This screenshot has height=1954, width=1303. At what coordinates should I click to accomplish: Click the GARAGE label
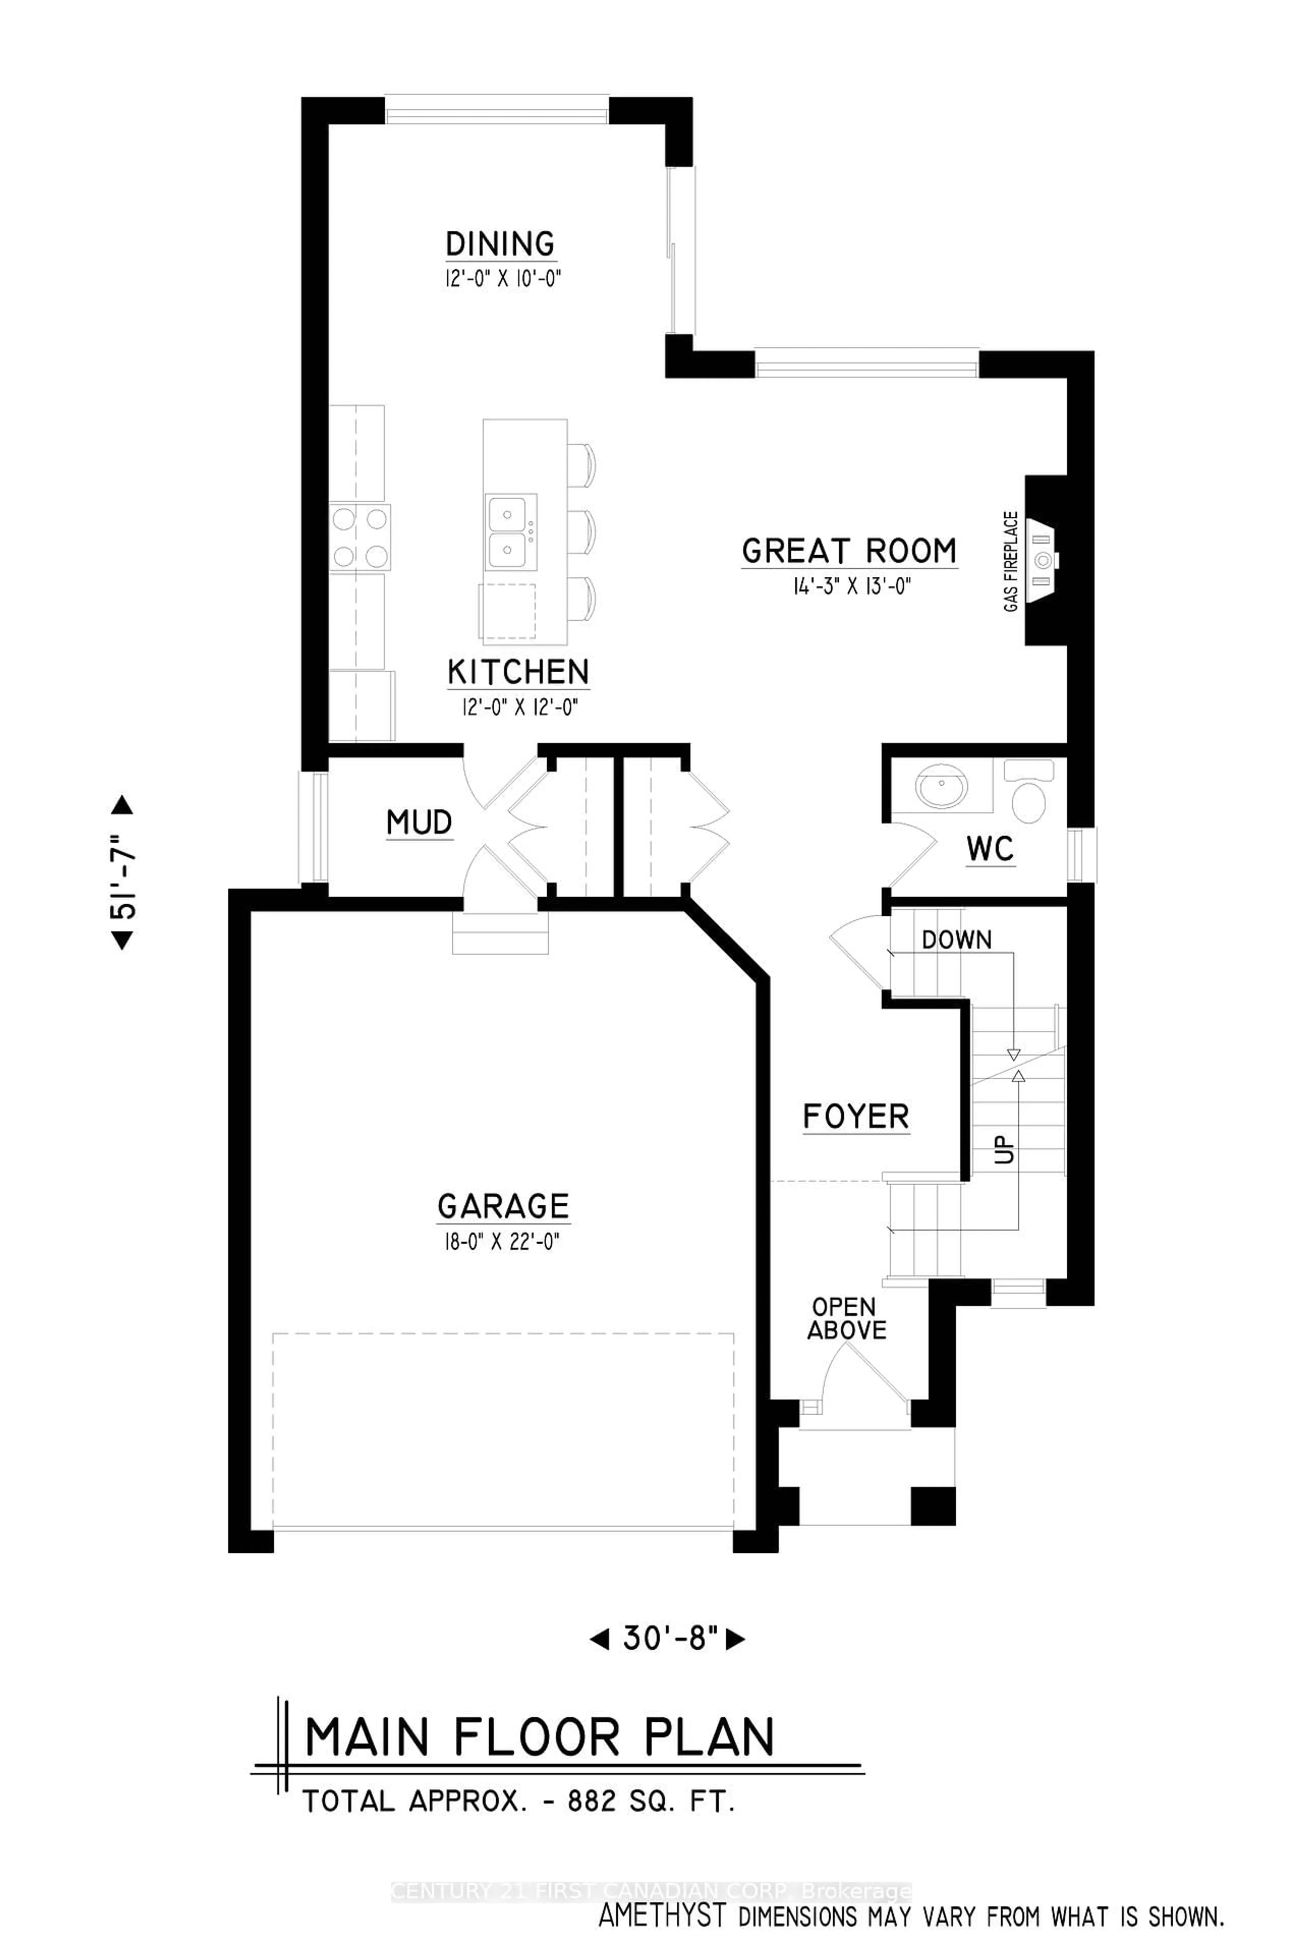(504, 1206)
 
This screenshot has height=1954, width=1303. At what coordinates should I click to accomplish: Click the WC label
(990, 849)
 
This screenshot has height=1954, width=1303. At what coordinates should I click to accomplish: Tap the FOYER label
(856, 1116)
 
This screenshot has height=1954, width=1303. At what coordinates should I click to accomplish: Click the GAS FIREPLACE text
(1011, 562)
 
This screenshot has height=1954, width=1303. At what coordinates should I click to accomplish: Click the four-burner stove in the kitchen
(360, 537)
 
